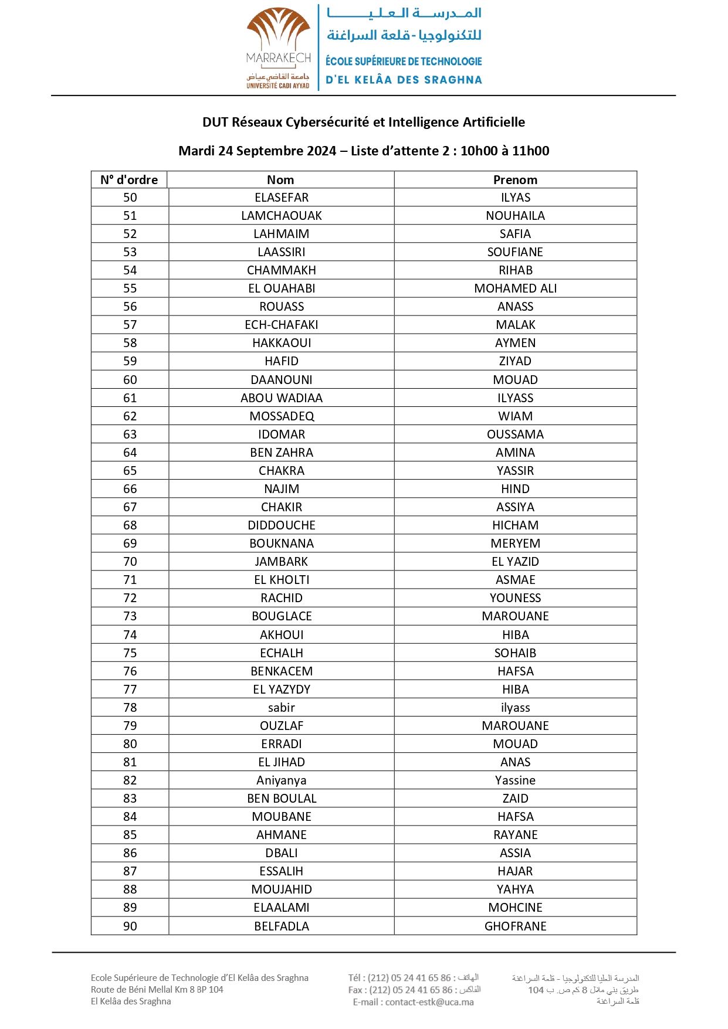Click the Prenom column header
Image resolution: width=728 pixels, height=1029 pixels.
tap(515, 180)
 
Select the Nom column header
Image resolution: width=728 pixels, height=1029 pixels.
tap(280, 180)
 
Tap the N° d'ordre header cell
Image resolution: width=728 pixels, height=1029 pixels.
tap(129, 180)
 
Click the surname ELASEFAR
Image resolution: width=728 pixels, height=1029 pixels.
tap(282, 198)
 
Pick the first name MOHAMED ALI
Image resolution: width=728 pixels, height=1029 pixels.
tap(515, 288)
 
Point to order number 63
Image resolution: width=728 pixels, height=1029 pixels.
tap(130, 434)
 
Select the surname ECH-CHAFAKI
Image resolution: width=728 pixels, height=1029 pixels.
tap(282, 325)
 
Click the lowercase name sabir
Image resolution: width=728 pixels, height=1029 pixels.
tap(282, 708)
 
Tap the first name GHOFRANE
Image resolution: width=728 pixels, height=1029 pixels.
tap(515, 926)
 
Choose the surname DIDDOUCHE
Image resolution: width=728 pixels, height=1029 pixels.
tap(282, 525)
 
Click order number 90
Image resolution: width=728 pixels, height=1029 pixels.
tap(130, 926)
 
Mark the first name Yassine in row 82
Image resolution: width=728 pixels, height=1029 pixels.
tap(515, 780)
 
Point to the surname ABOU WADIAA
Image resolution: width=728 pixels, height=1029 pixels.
tap(282, 398)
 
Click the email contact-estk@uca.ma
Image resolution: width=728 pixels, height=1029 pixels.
tap(429, 1002)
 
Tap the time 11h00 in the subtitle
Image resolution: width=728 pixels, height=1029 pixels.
tap(530, 151)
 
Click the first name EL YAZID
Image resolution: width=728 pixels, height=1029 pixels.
tap(515, 562)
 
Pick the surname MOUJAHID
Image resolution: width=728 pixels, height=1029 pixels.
tap(282, 889)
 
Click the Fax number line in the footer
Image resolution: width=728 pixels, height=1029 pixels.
tap(411, 990)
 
